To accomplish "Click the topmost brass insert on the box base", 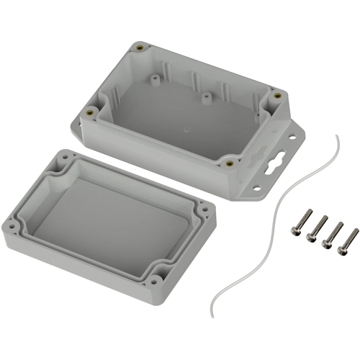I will click(138, 48).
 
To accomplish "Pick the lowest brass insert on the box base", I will click(230, 163).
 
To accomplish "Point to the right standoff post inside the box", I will click(206, 94).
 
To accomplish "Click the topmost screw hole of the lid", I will click(67, 157).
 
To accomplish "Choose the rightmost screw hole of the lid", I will click(206, 210).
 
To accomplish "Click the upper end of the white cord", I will click(336, 135).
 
